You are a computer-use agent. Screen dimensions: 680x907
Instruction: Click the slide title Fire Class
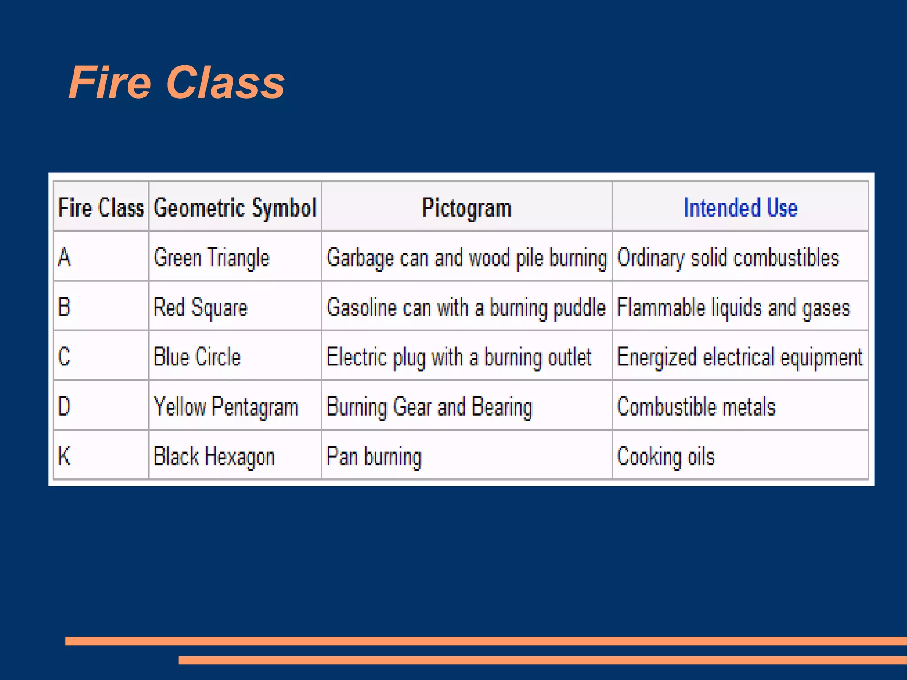176,82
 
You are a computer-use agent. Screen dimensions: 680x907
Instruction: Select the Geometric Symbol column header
235,207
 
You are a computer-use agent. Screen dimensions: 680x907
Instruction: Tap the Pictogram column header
466,207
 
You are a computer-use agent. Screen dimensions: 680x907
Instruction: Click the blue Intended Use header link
740,207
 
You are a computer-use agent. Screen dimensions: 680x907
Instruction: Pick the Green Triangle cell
211,257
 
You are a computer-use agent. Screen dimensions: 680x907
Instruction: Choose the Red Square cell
200,307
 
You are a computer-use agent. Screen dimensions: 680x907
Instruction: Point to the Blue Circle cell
197,357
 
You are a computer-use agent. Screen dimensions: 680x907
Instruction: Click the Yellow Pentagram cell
225,407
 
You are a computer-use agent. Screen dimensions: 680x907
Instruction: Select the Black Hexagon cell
214,456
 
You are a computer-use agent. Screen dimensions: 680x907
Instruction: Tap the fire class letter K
65,456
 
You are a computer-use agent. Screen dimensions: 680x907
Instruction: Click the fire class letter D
64,406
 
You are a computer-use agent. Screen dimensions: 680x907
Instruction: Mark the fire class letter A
64,257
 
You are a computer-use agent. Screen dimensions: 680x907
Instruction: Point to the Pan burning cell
374,456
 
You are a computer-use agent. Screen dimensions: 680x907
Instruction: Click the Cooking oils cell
666,456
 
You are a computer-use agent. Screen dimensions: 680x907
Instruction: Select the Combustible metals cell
696,407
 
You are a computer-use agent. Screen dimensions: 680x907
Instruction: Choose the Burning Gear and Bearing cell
429,407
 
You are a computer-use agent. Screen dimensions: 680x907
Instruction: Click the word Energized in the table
657,357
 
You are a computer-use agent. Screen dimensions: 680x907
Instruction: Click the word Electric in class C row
357,357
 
